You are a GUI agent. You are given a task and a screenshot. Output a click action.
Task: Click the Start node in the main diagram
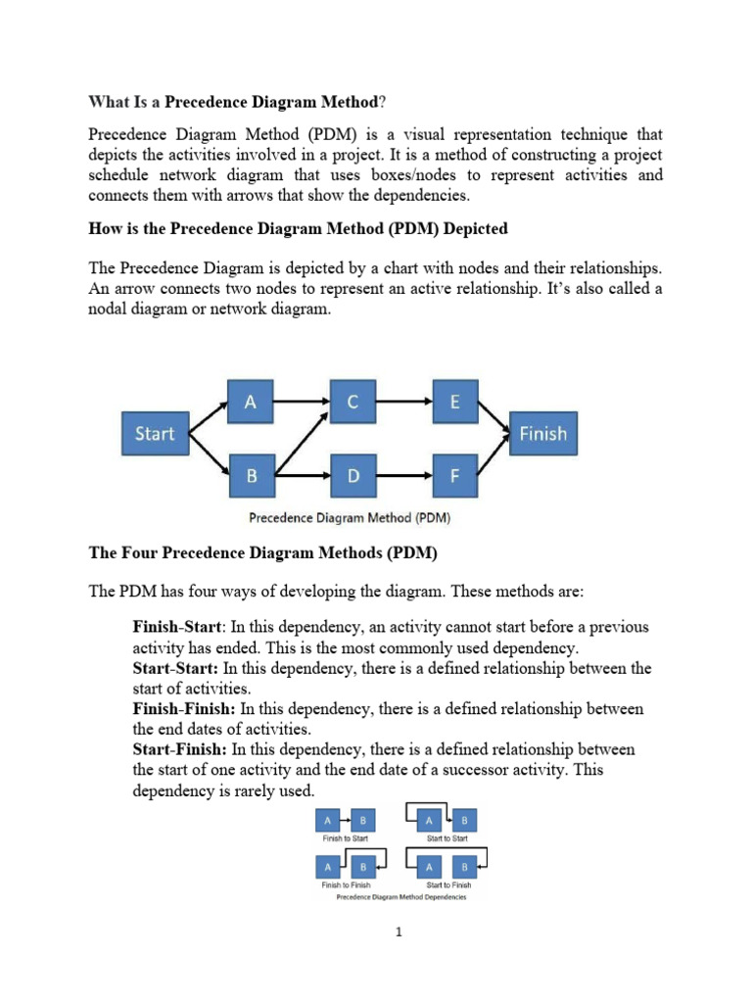coord(154,433)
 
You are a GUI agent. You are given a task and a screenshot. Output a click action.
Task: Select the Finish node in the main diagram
coord(542,433)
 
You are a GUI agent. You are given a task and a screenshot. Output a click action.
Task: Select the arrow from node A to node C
coord(301,401)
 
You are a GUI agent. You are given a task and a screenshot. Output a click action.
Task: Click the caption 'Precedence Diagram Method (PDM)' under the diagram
coord(350,518)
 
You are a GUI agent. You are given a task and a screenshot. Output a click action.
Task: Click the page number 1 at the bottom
coord(399,932)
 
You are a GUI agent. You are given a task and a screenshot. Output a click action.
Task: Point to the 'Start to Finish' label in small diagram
coord(448,884)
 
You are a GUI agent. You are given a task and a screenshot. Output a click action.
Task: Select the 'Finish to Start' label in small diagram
coord(345,838)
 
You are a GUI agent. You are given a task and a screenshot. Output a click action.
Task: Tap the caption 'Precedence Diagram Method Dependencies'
coord(401,897)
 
